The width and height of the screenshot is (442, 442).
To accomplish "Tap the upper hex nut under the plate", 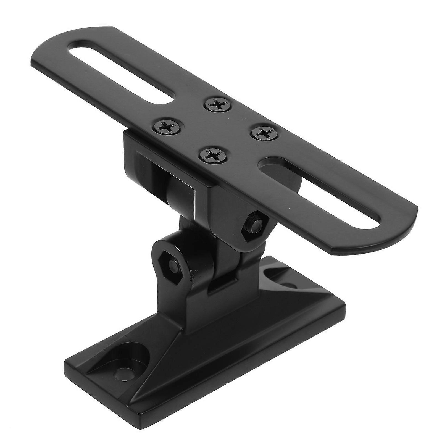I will click(x=254, y=222).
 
